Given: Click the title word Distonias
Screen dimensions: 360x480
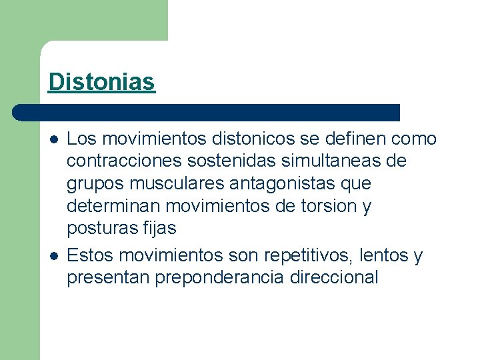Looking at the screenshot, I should pos(101,82).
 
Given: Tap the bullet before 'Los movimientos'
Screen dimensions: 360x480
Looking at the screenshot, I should pos(53,139).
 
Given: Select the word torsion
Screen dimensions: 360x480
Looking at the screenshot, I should pos(325,206).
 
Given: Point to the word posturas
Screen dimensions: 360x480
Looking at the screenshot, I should pos(102,228).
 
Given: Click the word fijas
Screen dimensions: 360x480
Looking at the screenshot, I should pos(159,228).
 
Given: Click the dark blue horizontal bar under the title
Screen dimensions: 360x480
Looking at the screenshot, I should pos(207,112).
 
